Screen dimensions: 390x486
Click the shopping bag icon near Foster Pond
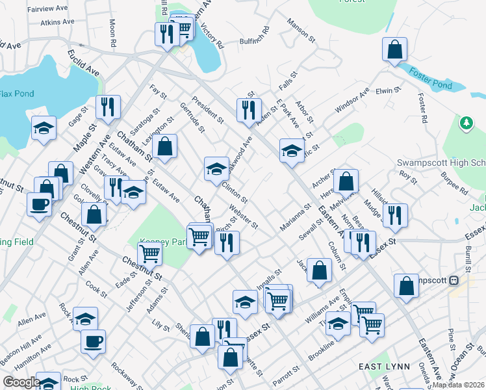(394, 50)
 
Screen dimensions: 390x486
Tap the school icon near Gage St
(44, 128)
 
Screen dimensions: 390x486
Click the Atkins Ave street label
(57, 22)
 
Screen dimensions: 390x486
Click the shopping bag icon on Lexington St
(166, 148)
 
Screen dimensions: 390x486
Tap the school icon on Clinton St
(216, 169)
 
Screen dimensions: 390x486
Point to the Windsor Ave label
(352, 101)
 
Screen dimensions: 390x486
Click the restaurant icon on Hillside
(394, 215)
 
